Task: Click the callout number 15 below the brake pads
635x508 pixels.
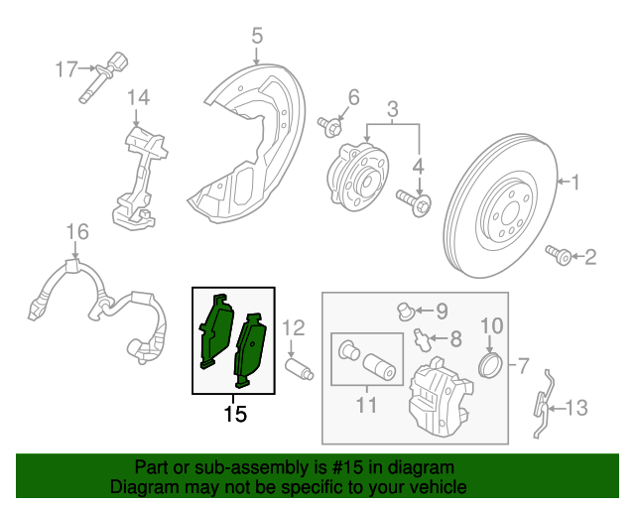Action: tap(234, 414)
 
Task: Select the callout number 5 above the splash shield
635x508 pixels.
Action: tap(257, 38)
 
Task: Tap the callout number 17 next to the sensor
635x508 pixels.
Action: tap(65, 69)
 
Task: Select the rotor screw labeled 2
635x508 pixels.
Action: tap(561, 257)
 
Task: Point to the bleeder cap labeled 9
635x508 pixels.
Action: tap(404, 311)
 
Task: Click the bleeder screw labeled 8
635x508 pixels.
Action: tap(424, 339)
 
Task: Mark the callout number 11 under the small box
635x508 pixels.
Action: tap(366, 405)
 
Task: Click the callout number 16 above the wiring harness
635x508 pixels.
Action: tap(77, 232)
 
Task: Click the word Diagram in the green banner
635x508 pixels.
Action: tap(138, 488)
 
